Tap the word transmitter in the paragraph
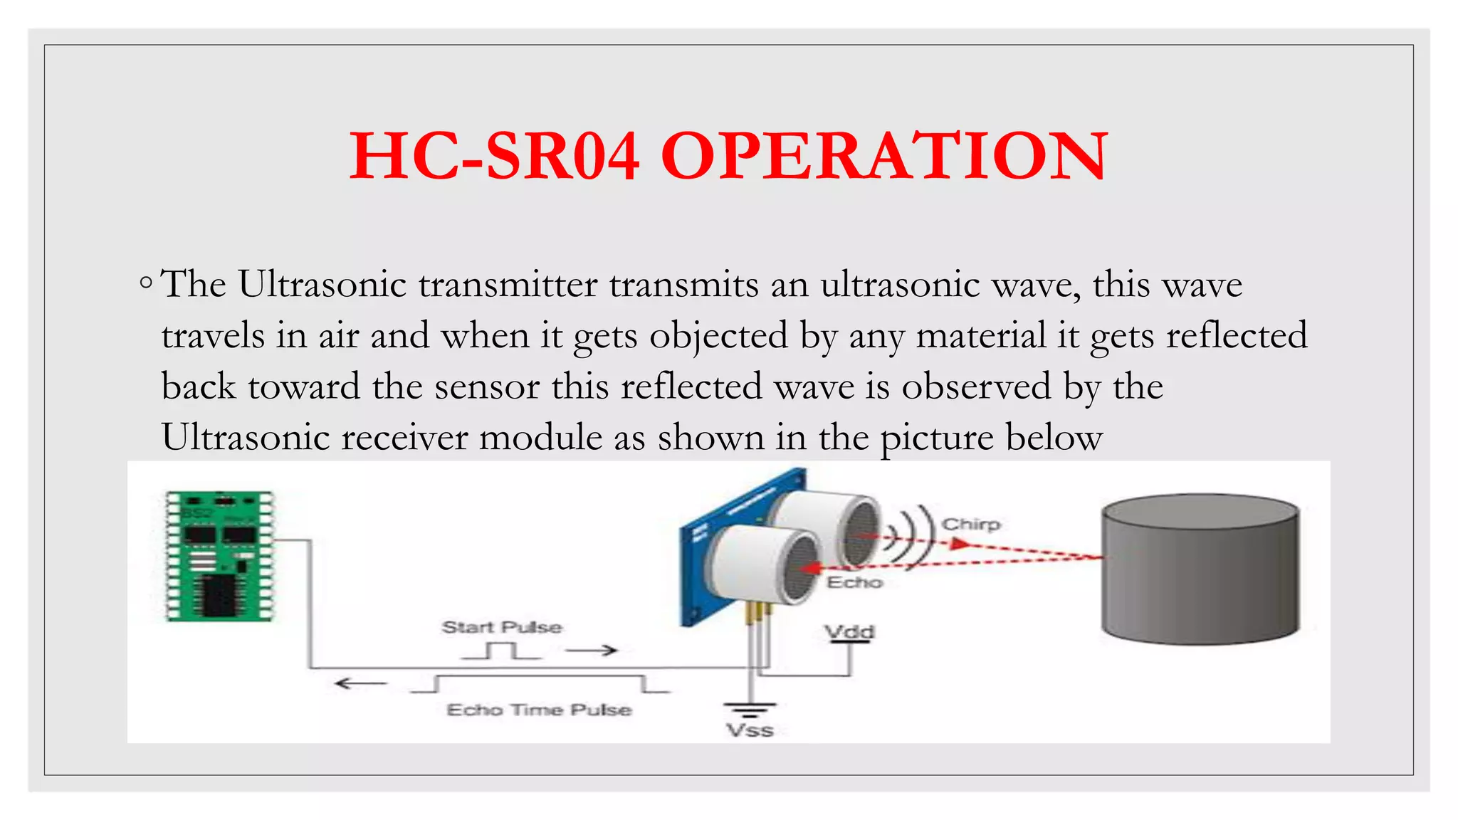coord(508,285)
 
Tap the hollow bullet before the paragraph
coord(146,283)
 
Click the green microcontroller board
coord(219,556)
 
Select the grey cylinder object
coord(1200,569)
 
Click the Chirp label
coord(970,525)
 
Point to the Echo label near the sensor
coord(854,582)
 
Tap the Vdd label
coord(849,631)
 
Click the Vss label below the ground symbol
coord(750,730)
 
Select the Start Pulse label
coord(502,627)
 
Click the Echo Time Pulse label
coord(539,710)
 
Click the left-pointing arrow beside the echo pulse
coord(361,684)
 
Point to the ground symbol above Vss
coord(750,708)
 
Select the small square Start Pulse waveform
coord(501,651)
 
